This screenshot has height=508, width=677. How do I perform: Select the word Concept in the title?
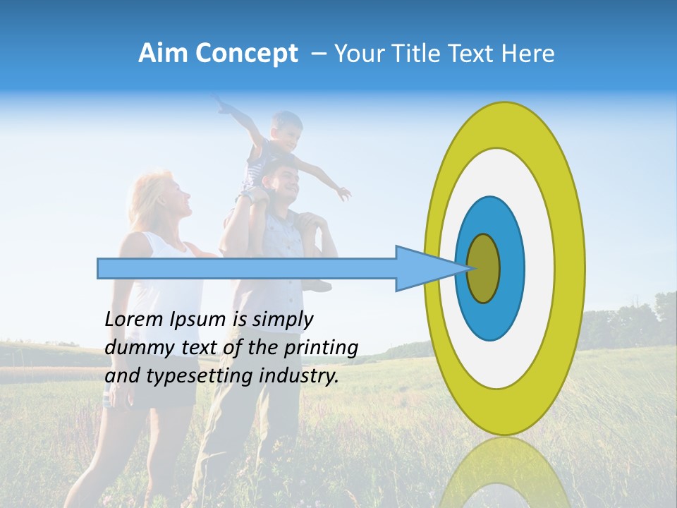click(247, 54)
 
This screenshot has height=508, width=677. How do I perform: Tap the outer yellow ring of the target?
click(568, 268)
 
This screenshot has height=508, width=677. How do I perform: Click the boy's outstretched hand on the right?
click(343, 193)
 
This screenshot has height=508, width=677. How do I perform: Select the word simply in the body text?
click(282, 320)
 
